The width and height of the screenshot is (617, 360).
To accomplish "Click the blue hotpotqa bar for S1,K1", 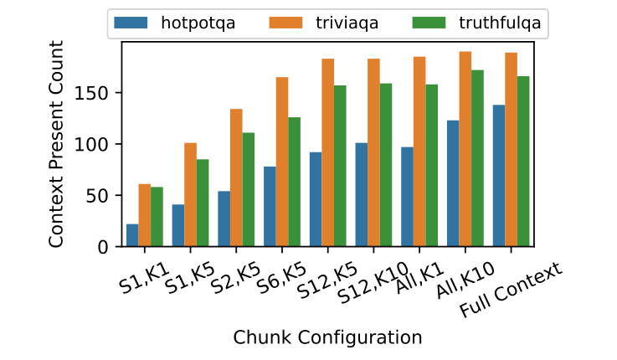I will [x=132, y=235].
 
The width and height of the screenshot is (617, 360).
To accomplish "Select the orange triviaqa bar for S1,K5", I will [x=190, y=195].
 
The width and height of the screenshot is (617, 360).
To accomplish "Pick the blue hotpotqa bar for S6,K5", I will [x=270, y=207].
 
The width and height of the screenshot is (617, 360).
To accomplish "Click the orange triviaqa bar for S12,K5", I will [x=327, y=152].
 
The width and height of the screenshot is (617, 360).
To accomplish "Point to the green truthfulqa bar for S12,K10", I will [x=386, y=165].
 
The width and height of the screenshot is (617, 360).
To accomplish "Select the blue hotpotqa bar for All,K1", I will [x=407, y=197].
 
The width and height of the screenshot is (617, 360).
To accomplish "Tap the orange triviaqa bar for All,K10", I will [x=465, y=149].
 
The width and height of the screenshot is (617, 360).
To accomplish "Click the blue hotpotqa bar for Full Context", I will [x=499, y=176].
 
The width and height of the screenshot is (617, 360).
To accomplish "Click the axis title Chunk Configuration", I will [x=327, y=337].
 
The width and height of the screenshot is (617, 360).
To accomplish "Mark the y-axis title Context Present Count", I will [x=56, y=145].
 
